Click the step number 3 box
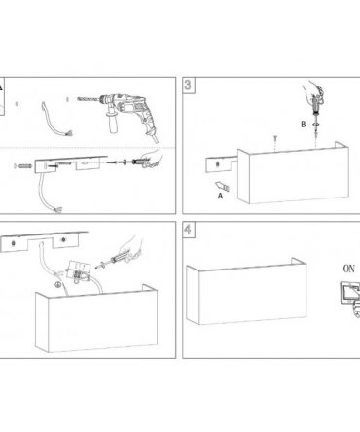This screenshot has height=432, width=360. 188,85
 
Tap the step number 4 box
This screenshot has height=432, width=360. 188,230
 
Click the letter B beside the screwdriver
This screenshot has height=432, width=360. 304,125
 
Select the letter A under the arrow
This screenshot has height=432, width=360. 221,196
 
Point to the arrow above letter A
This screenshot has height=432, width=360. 223,186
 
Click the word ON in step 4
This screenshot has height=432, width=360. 348,269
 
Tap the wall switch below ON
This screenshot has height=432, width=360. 349,294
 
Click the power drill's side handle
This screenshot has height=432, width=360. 113,123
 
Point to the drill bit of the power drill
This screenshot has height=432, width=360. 89,99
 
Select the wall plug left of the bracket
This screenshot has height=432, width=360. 23,166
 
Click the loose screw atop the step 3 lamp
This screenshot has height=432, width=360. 275,138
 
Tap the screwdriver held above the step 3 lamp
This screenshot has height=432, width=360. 315,107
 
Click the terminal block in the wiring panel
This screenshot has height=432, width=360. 77,270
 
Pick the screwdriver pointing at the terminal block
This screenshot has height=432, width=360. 112,261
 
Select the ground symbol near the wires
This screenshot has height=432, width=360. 57,285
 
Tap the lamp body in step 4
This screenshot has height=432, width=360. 246,292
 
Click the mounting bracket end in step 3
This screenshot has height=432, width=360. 221,164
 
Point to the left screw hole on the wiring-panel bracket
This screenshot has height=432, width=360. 14,243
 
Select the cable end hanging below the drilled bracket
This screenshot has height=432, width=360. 57,210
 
